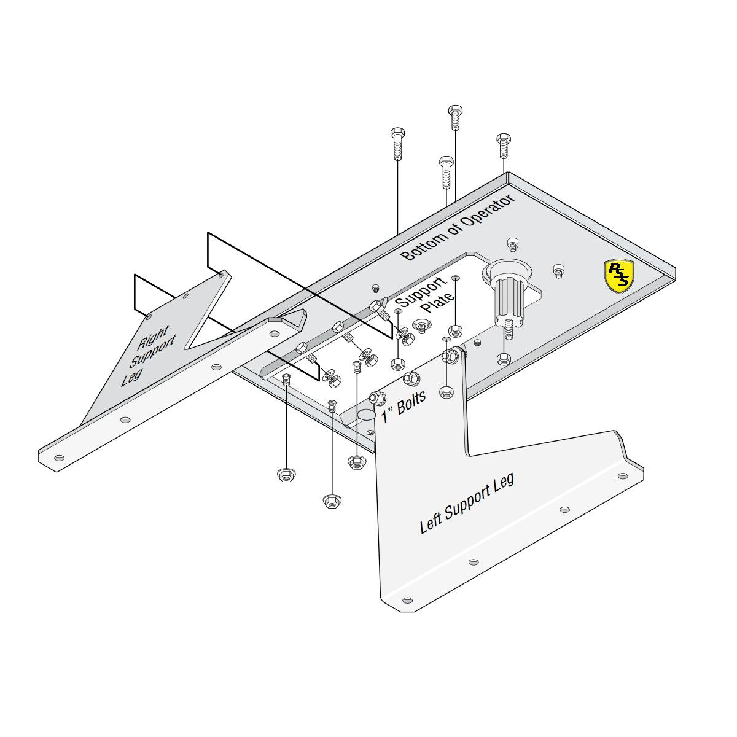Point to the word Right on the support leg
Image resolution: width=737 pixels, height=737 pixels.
click(152, 337)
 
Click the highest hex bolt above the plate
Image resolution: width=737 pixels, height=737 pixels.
click(454, 117)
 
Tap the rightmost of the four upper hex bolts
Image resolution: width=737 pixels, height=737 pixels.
click(504, 146)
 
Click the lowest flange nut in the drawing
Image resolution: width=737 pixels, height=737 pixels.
click(332, 501)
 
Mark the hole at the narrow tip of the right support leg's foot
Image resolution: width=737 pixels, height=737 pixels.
click(58, 458)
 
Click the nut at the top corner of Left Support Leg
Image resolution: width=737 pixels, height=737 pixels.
click(451, 356)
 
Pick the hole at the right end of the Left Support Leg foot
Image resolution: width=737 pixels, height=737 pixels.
click(623, 476)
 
